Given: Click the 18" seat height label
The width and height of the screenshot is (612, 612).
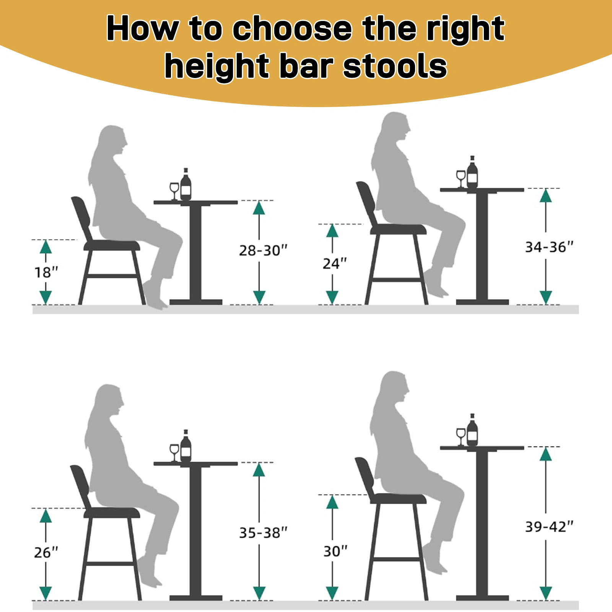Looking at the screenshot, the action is coord(46,272).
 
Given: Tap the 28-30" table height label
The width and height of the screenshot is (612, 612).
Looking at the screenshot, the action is coord(263,251).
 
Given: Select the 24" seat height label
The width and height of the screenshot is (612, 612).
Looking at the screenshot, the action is coord(335,264).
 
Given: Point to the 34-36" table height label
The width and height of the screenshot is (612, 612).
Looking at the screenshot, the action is coord(549,247).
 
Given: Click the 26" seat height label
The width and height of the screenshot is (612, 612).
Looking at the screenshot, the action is coord(46,552).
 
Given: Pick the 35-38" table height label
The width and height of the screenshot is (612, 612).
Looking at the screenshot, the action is coord(263,532).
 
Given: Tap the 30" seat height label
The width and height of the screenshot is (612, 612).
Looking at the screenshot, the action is coord(335,551).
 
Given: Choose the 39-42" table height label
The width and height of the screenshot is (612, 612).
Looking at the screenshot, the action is coord(549,527).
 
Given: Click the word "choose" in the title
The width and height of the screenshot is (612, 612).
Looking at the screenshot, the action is coord(292,29).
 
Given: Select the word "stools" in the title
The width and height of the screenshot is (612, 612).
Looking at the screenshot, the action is coord(395,66).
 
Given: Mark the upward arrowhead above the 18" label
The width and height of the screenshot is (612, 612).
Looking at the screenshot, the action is coord(46,247).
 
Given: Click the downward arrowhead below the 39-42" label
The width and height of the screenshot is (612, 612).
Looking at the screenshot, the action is coord(546,593).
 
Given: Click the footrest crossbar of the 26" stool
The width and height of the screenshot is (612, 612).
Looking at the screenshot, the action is coord(110,563).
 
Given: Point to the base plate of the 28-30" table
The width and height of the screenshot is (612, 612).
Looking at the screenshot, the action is coord(196,302).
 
